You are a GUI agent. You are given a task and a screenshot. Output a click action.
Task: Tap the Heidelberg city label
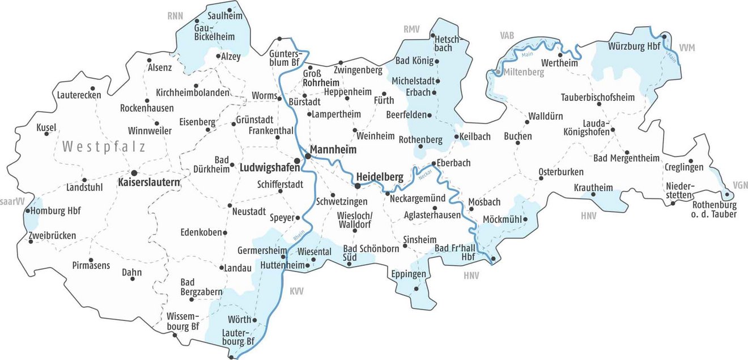click(380, 177)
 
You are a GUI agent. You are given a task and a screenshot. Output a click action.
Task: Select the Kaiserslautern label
click(149, 183)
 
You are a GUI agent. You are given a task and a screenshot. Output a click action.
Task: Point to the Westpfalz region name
click(104, 147)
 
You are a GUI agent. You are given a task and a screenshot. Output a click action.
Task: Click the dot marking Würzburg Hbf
click(664, 37)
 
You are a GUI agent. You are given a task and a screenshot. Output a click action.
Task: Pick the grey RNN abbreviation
click(175, 16)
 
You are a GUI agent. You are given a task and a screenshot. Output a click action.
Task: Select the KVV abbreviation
click(296, 291)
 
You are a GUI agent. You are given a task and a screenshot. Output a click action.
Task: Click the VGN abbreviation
click(740, 185)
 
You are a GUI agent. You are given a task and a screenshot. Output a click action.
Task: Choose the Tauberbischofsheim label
click(597, 97)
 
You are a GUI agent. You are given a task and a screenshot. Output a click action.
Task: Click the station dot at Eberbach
click(433, 163)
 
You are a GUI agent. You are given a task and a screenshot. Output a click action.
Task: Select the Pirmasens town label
click(91, 265)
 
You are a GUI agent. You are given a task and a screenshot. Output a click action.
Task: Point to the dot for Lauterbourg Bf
click(231, 357)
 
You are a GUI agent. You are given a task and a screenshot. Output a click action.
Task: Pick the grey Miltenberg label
click(522, 73)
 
